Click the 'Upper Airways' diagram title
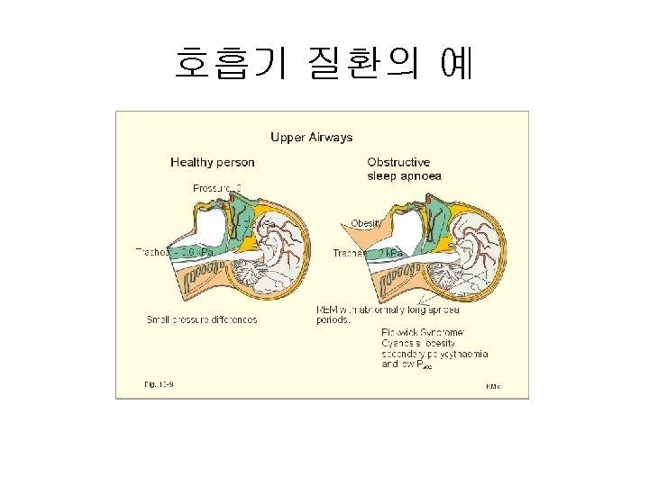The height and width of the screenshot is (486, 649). point(312,138)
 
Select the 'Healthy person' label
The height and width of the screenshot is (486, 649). point(213,163)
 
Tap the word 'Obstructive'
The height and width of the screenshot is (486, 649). point(398,163)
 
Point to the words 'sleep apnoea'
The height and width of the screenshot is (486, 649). point(404,176)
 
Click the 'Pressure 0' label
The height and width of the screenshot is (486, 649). point(217,188)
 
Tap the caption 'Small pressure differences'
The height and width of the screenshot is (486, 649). point(202,319)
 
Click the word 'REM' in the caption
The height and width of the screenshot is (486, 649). point(326,309)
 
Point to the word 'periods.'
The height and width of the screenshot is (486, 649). point(334,320)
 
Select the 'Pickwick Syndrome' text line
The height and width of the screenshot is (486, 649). point(423,332)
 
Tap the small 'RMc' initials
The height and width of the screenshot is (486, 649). point(493,386)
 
